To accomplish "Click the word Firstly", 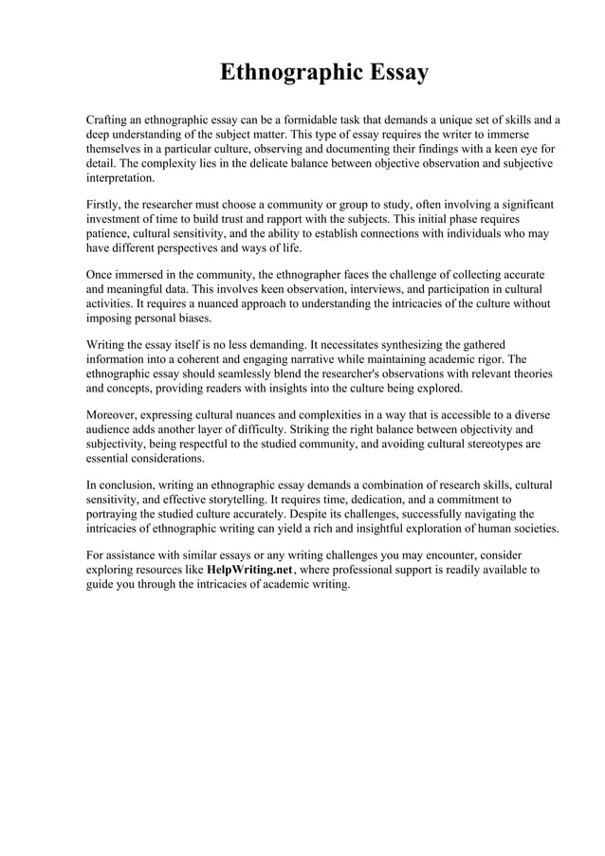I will click(104, 205).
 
